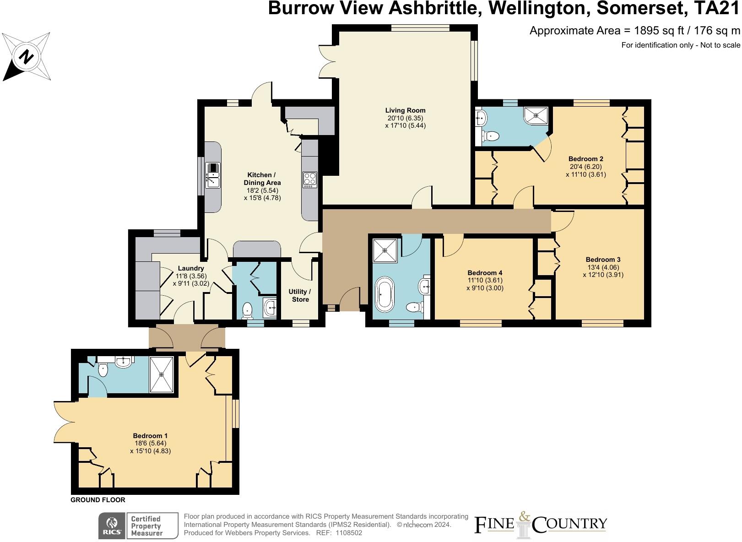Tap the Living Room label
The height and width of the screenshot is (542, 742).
pos(405,110)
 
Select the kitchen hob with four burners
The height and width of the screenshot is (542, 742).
pos(310,180)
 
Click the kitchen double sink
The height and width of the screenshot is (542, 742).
pos(213,176)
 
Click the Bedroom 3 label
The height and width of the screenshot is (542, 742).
pos(603,260)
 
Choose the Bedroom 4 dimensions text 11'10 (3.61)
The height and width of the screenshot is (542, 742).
pos(485,280)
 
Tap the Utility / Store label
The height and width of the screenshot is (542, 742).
pos(300,295)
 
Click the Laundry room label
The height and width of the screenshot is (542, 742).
pos(191,268)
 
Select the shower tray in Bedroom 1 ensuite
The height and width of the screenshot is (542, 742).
pos(161,374)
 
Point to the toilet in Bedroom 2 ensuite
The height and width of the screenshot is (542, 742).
pos(490,136)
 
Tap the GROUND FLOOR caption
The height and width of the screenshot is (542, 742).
pos(97,500)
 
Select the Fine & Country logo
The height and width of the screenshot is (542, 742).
pos(541,525)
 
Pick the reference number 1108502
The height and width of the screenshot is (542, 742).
pos(349,533)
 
